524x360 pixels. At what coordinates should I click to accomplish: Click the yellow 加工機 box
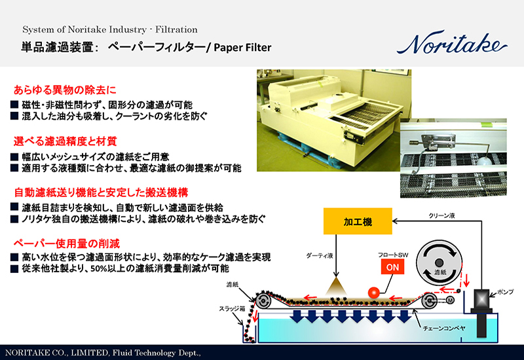358,223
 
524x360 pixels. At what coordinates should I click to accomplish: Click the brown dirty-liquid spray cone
339,285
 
